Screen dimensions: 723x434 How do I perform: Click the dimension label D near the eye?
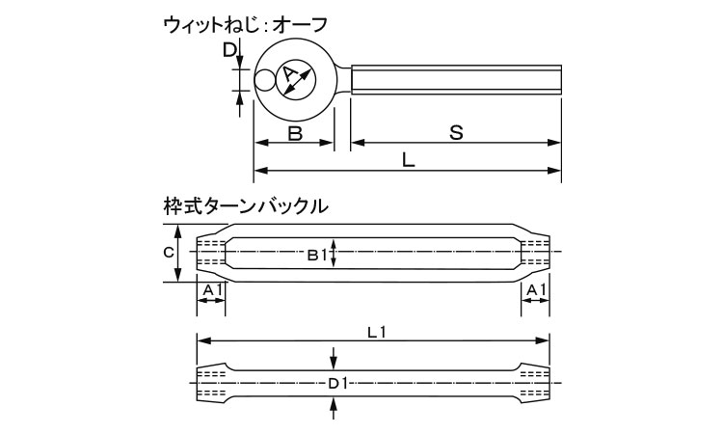coord(229,49)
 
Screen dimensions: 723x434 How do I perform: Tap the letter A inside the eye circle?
coord(289,74)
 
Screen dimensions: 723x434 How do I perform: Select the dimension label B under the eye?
coord(295,133)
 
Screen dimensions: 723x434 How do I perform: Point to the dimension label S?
coord(456,133)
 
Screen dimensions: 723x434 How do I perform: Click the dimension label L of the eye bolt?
coord(408,160)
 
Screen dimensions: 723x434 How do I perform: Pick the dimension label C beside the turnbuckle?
coord(169,253)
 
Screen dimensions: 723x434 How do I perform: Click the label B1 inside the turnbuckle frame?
coord(317,255)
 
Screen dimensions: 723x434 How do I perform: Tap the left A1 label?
coord(213,289)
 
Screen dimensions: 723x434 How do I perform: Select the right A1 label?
coord(536,289)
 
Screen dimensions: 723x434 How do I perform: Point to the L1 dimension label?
coord(377,332)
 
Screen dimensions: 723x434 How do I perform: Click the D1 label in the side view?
coord(337,384)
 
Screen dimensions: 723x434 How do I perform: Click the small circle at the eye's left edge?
coord(264,80)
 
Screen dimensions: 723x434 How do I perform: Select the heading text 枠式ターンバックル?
coord(246,205)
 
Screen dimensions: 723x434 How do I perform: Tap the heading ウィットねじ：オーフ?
coord(245,24)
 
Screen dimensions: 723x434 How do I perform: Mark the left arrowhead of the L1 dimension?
coord(203,340)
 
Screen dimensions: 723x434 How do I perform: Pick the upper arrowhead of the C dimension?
coord(179,231)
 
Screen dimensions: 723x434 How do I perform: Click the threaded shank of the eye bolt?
coord(456,80)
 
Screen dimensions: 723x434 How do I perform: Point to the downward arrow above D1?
coord(334,358)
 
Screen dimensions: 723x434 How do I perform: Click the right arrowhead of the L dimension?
coord(554,171)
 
